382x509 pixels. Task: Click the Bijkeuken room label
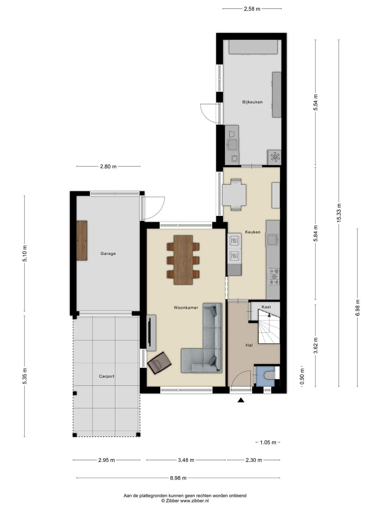pyautogui.click(x=252, y=102)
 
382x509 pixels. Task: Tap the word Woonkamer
pyautogui.click(x=186, y=308)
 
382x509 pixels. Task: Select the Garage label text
pyautogui.click(x=108, y=254)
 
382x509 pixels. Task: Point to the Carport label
pyautogui.click(x=107, y=376)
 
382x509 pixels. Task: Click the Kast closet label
pyautogui.click(x=266, y=307)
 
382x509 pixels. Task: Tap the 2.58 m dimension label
pyautogui.click(x=252, y=9)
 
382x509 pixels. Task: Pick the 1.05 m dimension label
pyautogui.click(x=268, y=443)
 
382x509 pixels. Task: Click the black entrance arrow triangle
pyautogui.click(x=241, y=400)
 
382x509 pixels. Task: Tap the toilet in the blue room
pyautogui.click(x=269, y=375)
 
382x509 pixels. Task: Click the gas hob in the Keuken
pyautogui.click(x=274, y=276)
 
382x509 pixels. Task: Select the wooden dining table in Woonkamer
pyautogui.click(x=183, y=260)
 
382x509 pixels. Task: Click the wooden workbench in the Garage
pyautogui.click(x=82, y=241)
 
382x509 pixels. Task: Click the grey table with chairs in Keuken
pyautogui.click(x=234, y=195)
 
